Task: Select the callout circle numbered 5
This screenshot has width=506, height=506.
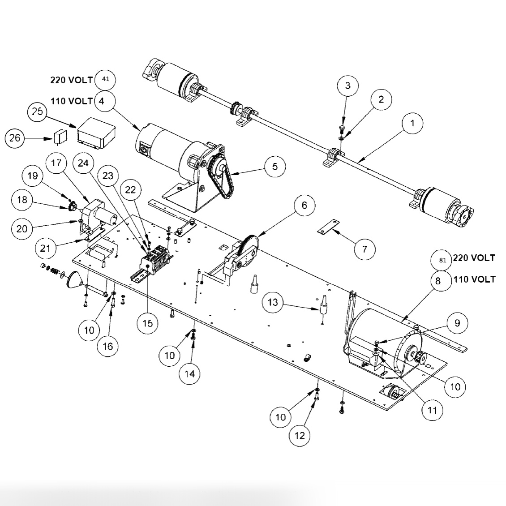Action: (274, 167)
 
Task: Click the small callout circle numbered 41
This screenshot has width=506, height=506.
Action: (106, 80)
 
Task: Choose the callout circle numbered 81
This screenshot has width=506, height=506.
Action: (442, 260)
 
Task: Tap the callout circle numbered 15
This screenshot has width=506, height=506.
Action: (147, 323)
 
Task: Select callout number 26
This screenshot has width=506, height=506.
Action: (15, 138)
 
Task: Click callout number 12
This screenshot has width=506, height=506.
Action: (300, 435)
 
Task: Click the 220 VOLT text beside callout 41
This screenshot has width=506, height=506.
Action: (71, 80)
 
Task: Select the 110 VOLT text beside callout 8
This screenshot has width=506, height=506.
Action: (474, 279)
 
